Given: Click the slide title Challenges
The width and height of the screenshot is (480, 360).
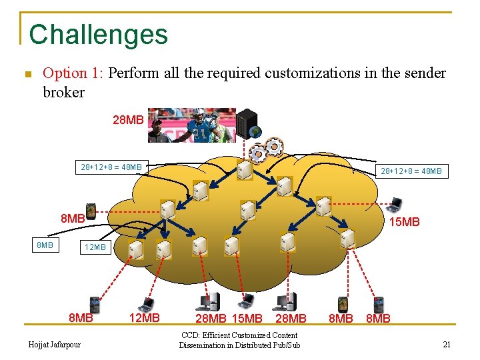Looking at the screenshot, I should tap(99, 35).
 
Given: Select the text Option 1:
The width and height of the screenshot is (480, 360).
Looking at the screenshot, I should tap(73, 73).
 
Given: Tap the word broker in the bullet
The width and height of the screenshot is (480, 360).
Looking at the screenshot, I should tap(63, 92).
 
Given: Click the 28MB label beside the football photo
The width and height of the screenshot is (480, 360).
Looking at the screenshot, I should tap(128, 120).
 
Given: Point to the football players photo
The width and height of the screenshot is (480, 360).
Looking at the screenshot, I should tap(191, 125).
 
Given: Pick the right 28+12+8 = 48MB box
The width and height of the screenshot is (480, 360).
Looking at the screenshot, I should tap(410, 171).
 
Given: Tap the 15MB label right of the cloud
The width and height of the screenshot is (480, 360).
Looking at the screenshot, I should tap(405, 221).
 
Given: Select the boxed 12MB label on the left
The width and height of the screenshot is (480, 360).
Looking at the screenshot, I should tap(94, 247).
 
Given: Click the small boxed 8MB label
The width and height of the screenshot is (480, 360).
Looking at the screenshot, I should tap(45, 245).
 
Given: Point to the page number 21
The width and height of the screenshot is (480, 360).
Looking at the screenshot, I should tap(447, 345).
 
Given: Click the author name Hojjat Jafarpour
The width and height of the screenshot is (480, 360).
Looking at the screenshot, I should tap(55, 345).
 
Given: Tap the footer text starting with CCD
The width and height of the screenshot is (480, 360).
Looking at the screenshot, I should tap(239, 340).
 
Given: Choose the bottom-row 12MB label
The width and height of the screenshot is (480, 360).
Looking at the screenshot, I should tap(143, 318).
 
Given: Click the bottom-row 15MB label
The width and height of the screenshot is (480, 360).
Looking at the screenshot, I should tap(247, 319).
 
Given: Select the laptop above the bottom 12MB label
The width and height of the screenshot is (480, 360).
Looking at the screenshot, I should tap(145, 305).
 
